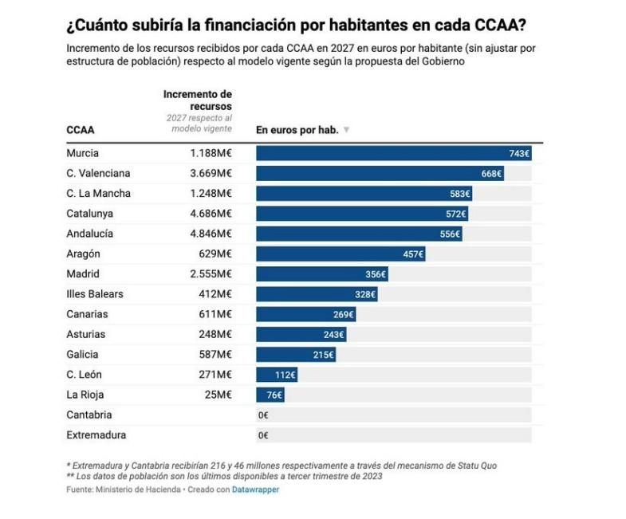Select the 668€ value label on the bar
coord(491,174)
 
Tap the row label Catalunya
coord(89,214)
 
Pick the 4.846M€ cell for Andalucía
coord(211,234)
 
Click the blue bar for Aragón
coord(340,254)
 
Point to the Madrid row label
coord(83,274)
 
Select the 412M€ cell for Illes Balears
coord(215,294)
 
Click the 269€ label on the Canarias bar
coord(344,314)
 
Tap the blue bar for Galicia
coord(295,355)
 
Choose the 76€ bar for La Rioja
coord(270,395)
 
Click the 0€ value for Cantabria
coord(263,415)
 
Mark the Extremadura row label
coord(96,435)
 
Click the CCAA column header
coord(81,129)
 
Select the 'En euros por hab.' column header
coord(297,129)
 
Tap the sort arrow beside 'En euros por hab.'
coord(346,130)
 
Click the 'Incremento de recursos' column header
coord(198,100)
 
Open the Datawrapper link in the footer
coord(255,490)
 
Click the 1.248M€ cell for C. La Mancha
coord(211,194)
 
